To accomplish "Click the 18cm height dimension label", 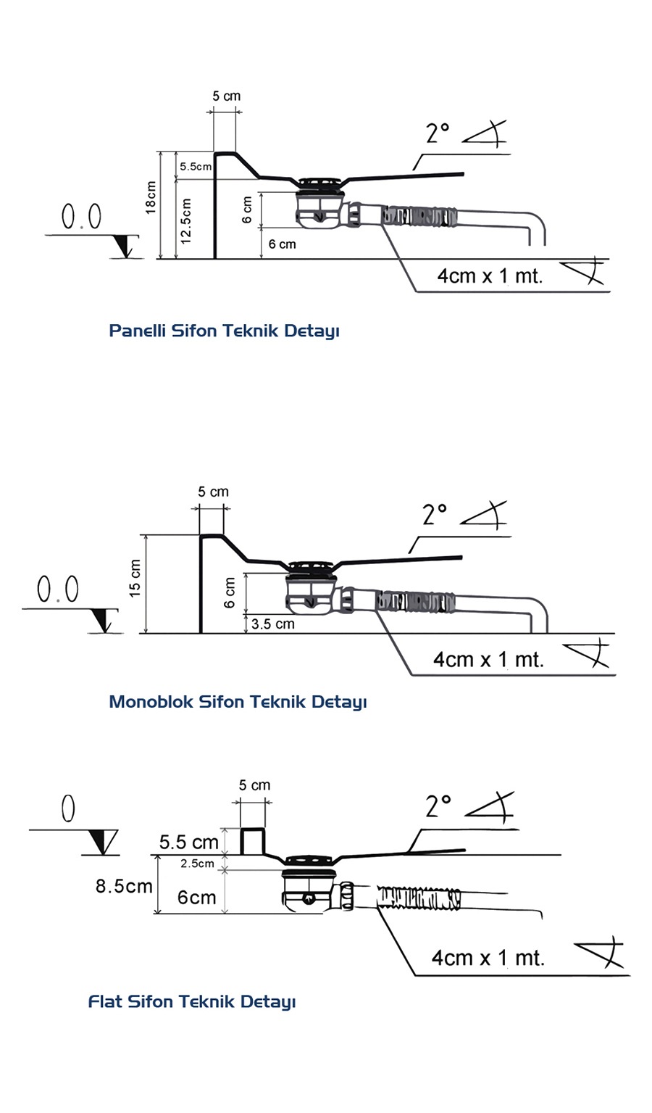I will click(151, 197).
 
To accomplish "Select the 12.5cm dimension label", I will click(185, 220).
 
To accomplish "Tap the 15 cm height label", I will click(135, 579).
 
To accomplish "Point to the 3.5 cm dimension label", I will click(273, 624).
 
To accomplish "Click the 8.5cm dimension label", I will click(124, 886).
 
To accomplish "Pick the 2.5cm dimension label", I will click(197, 863).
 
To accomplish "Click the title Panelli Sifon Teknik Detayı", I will click(224, 331).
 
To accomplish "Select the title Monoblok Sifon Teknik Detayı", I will click(238, 702).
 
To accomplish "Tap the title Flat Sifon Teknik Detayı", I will click(192, 1002).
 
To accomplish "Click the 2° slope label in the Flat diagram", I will click(438, 806).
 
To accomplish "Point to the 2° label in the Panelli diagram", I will click(438, 133).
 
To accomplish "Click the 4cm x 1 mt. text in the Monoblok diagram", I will click(488, 660).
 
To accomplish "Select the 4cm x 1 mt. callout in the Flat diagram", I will click(488, 958).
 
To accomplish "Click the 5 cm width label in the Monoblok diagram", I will click(213, 492).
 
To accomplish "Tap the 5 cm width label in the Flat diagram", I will click(254, 785).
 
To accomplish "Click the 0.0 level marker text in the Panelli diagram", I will click(81, 217).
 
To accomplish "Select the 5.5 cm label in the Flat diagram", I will click(188, 842).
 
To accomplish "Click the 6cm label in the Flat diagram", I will click(196, 898).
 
